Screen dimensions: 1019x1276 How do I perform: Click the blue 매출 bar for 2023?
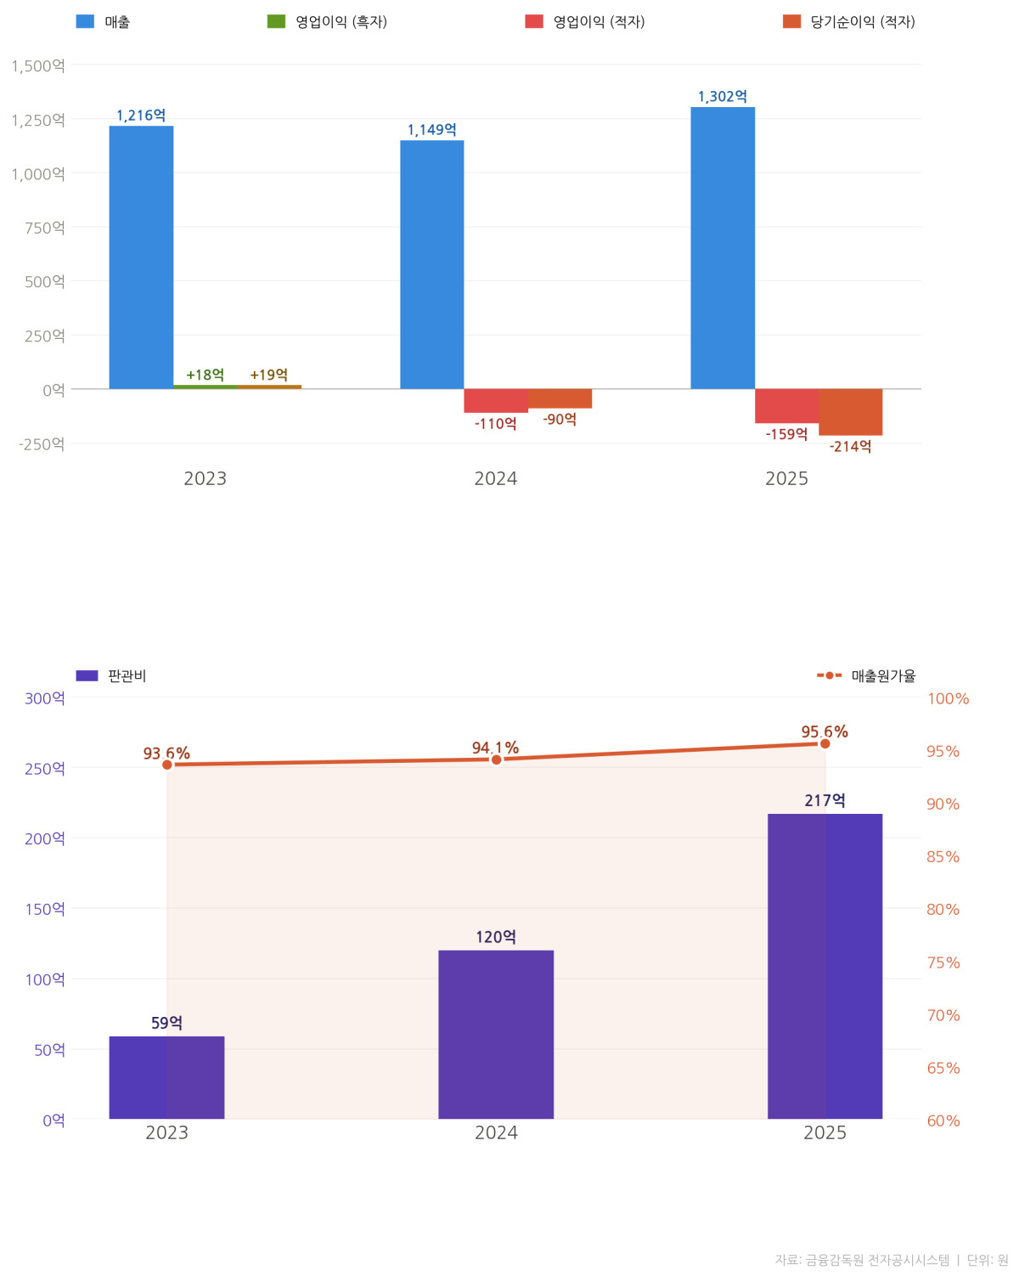[141, 257]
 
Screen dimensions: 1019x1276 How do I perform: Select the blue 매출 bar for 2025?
[723, 248]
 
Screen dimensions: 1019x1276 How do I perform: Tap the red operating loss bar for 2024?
[496, 401]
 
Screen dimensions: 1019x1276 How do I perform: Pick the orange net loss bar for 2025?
[851, 412]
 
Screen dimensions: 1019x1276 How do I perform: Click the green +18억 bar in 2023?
[205, 387]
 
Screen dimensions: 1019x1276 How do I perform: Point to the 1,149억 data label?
[431, 130]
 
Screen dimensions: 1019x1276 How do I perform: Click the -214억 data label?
[850, 447]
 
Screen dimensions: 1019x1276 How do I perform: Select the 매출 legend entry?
[103, 22]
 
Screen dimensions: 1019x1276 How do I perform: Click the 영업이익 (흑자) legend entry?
[327, 22]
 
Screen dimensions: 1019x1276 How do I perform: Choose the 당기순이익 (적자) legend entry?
[849, 22]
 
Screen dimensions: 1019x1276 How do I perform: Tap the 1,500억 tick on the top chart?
[38, 65]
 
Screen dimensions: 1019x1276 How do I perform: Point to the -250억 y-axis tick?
[42, 444]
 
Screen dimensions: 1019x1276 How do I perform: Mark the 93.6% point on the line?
[167, 765]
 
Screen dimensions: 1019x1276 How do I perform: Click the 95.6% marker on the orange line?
[825, 743]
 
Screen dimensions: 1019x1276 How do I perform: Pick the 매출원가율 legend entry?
[866, 675]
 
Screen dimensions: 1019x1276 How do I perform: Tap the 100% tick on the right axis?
[948, 698]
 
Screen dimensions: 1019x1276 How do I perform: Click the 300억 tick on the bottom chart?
[44, 698]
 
